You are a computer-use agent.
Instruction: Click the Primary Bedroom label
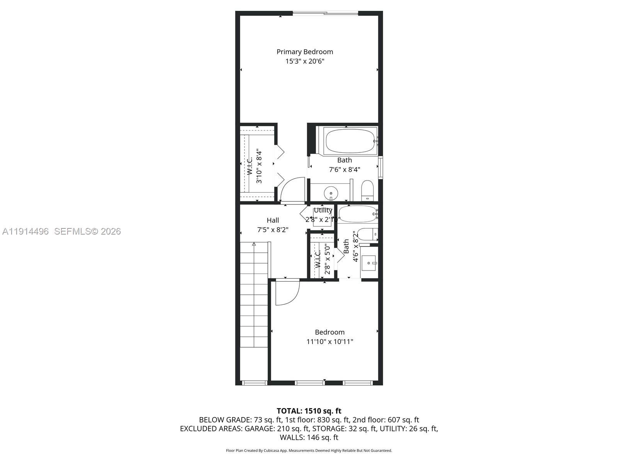[304, 52]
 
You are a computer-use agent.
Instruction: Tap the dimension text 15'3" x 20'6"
[304, 61]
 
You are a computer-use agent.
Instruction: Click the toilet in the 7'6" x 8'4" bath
[367, 190]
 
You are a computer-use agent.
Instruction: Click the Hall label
[273, 220]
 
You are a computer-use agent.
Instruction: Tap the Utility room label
[323, 210]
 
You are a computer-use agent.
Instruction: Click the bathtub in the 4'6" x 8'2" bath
[357, 214]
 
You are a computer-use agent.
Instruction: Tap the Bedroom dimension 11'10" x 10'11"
[329, 341]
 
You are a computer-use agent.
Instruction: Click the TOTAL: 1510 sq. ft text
[309, 411]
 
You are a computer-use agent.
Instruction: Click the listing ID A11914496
[25, 231]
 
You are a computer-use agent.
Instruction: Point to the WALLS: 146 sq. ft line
[309, 438]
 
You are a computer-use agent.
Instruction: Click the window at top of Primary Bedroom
[325, 14]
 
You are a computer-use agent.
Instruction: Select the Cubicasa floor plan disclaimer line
[309, 451]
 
